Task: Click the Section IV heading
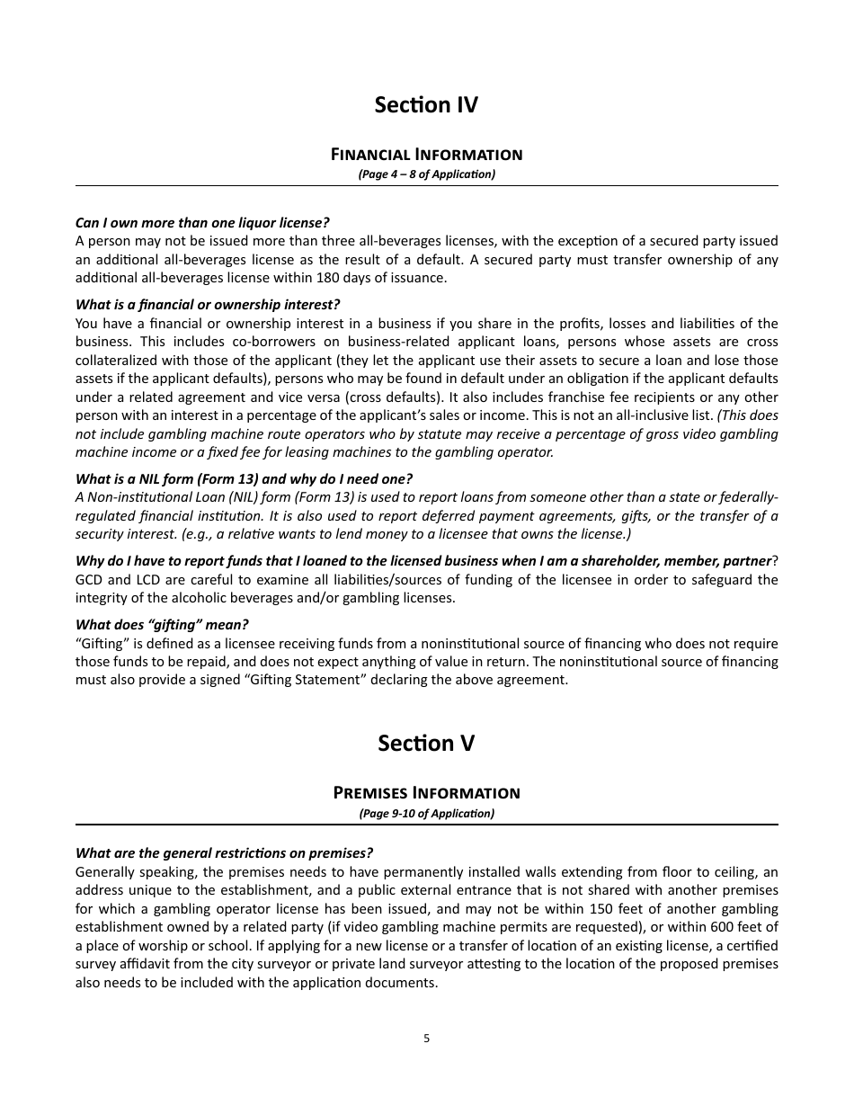[x=426, y=105]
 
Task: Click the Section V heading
[x=426, y=744]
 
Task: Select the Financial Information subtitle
[x=426, y=155]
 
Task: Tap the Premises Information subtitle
[x=426, y=793]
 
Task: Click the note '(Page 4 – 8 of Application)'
[x=426, y=174]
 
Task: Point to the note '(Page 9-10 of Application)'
[x=426, y=814]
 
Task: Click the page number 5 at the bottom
[x=426, y=1039]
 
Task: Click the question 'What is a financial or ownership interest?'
[x=208, y=305]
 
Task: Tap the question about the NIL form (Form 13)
[x=244, y=478]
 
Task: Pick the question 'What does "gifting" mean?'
[x=162, y=625]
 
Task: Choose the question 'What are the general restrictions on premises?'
[x=224, y=853]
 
